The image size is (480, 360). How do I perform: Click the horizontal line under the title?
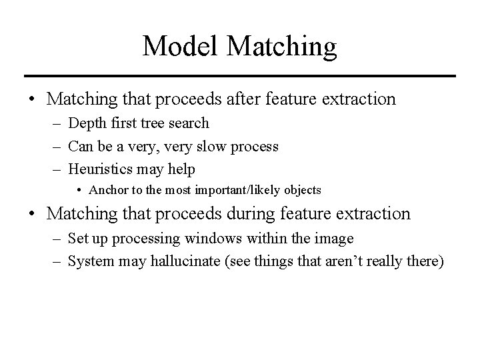[x=239, y=75]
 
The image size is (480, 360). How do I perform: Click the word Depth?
[x=85, y=123]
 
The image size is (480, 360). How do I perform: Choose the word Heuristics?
[x=101, y=168]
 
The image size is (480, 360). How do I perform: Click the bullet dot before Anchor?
[x=79, y=190]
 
